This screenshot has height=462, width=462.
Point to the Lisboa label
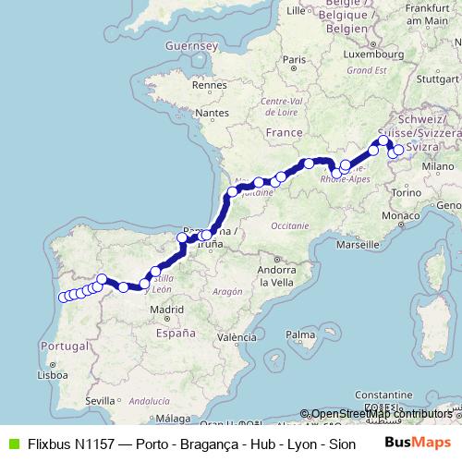point(53,375)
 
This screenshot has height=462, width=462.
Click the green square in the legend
point(12,444)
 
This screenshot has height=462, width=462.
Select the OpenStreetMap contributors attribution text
point(381,414)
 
